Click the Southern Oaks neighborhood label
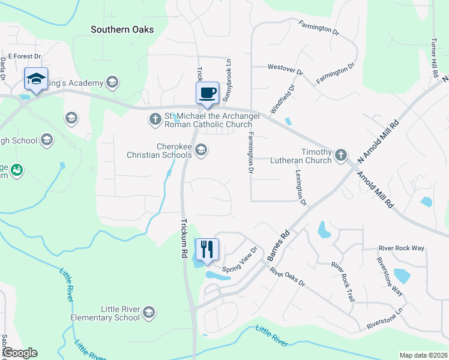[x=122, y=29]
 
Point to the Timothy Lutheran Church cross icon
[x=341, y=155]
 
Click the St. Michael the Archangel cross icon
[x=155, y=119]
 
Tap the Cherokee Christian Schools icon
[x=202, y=150]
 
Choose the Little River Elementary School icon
[x=149, y=313]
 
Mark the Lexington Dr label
[x=301, y=187]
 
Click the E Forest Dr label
[x=24, y=56]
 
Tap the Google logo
[x=20, y=353]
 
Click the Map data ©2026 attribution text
[x=423, y=355]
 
